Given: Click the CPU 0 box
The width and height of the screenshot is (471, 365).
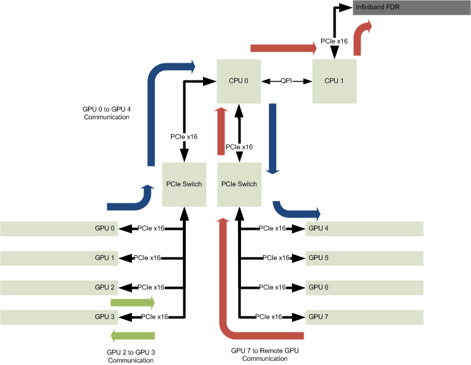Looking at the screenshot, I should coord(239,81).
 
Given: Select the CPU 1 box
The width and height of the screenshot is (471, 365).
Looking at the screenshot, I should coord(334,81).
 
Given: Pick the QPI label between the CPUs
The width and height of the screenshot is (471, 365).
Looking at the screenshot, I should coord(286,81).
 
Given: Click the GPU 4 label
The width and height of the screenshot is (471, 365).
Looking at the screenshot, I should coord(318,229).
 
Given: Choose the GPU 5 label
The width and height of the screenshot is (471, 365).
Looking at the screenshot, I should coord(318,258).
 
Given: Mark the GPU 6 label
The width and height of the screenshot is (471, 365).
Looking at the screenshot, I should coord(318,288).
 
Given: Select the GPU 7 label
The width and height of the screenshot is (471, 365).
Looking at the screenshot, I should coord(318,317).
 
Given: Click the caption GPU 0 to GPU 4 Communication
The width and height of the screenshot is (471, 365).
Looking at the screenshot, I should coord(107,113).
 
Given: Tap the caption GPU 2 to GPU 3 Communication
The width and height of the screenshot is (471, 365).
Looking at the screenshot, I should coord(131,356).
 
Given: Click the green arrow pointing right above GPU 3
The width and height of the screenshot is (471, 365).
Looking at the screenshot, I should coord(132,302).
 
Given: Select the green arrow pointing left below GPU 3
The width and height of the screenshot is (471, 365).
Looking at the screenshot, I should coord(132,335).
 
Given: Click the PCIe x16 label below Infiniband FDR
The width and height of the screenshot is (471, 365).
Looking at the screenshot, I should coord(334,42).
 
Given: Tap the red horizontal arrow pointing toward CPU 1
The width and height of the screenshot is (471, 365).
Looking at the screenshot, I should coord(283,48).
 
